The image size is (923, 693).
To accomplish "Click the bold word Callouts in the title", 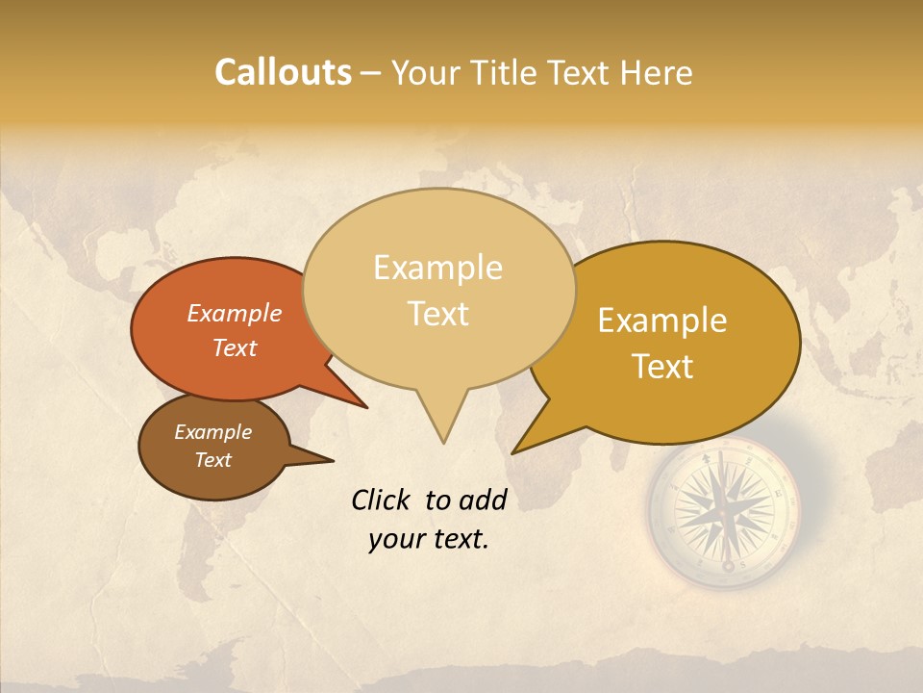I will tap(283, 73).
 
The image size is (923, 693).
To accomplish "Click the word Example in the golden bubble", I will tap(662, 321).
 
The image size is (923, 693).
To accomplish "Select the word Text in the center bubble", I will tap(438, 314).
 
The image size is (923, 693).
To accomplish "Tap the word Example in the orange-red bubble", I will tap(234, 314).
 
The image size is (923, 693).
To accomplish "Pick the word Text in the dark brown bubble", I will tap(212, 460).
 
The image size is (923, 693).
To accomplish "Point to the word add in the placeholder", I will tap(484, 500).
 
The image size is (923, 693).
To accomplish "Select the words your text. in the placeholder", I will tap(429, 539).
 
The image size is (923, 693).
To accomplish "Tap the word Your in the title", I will tap(424, 73).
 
